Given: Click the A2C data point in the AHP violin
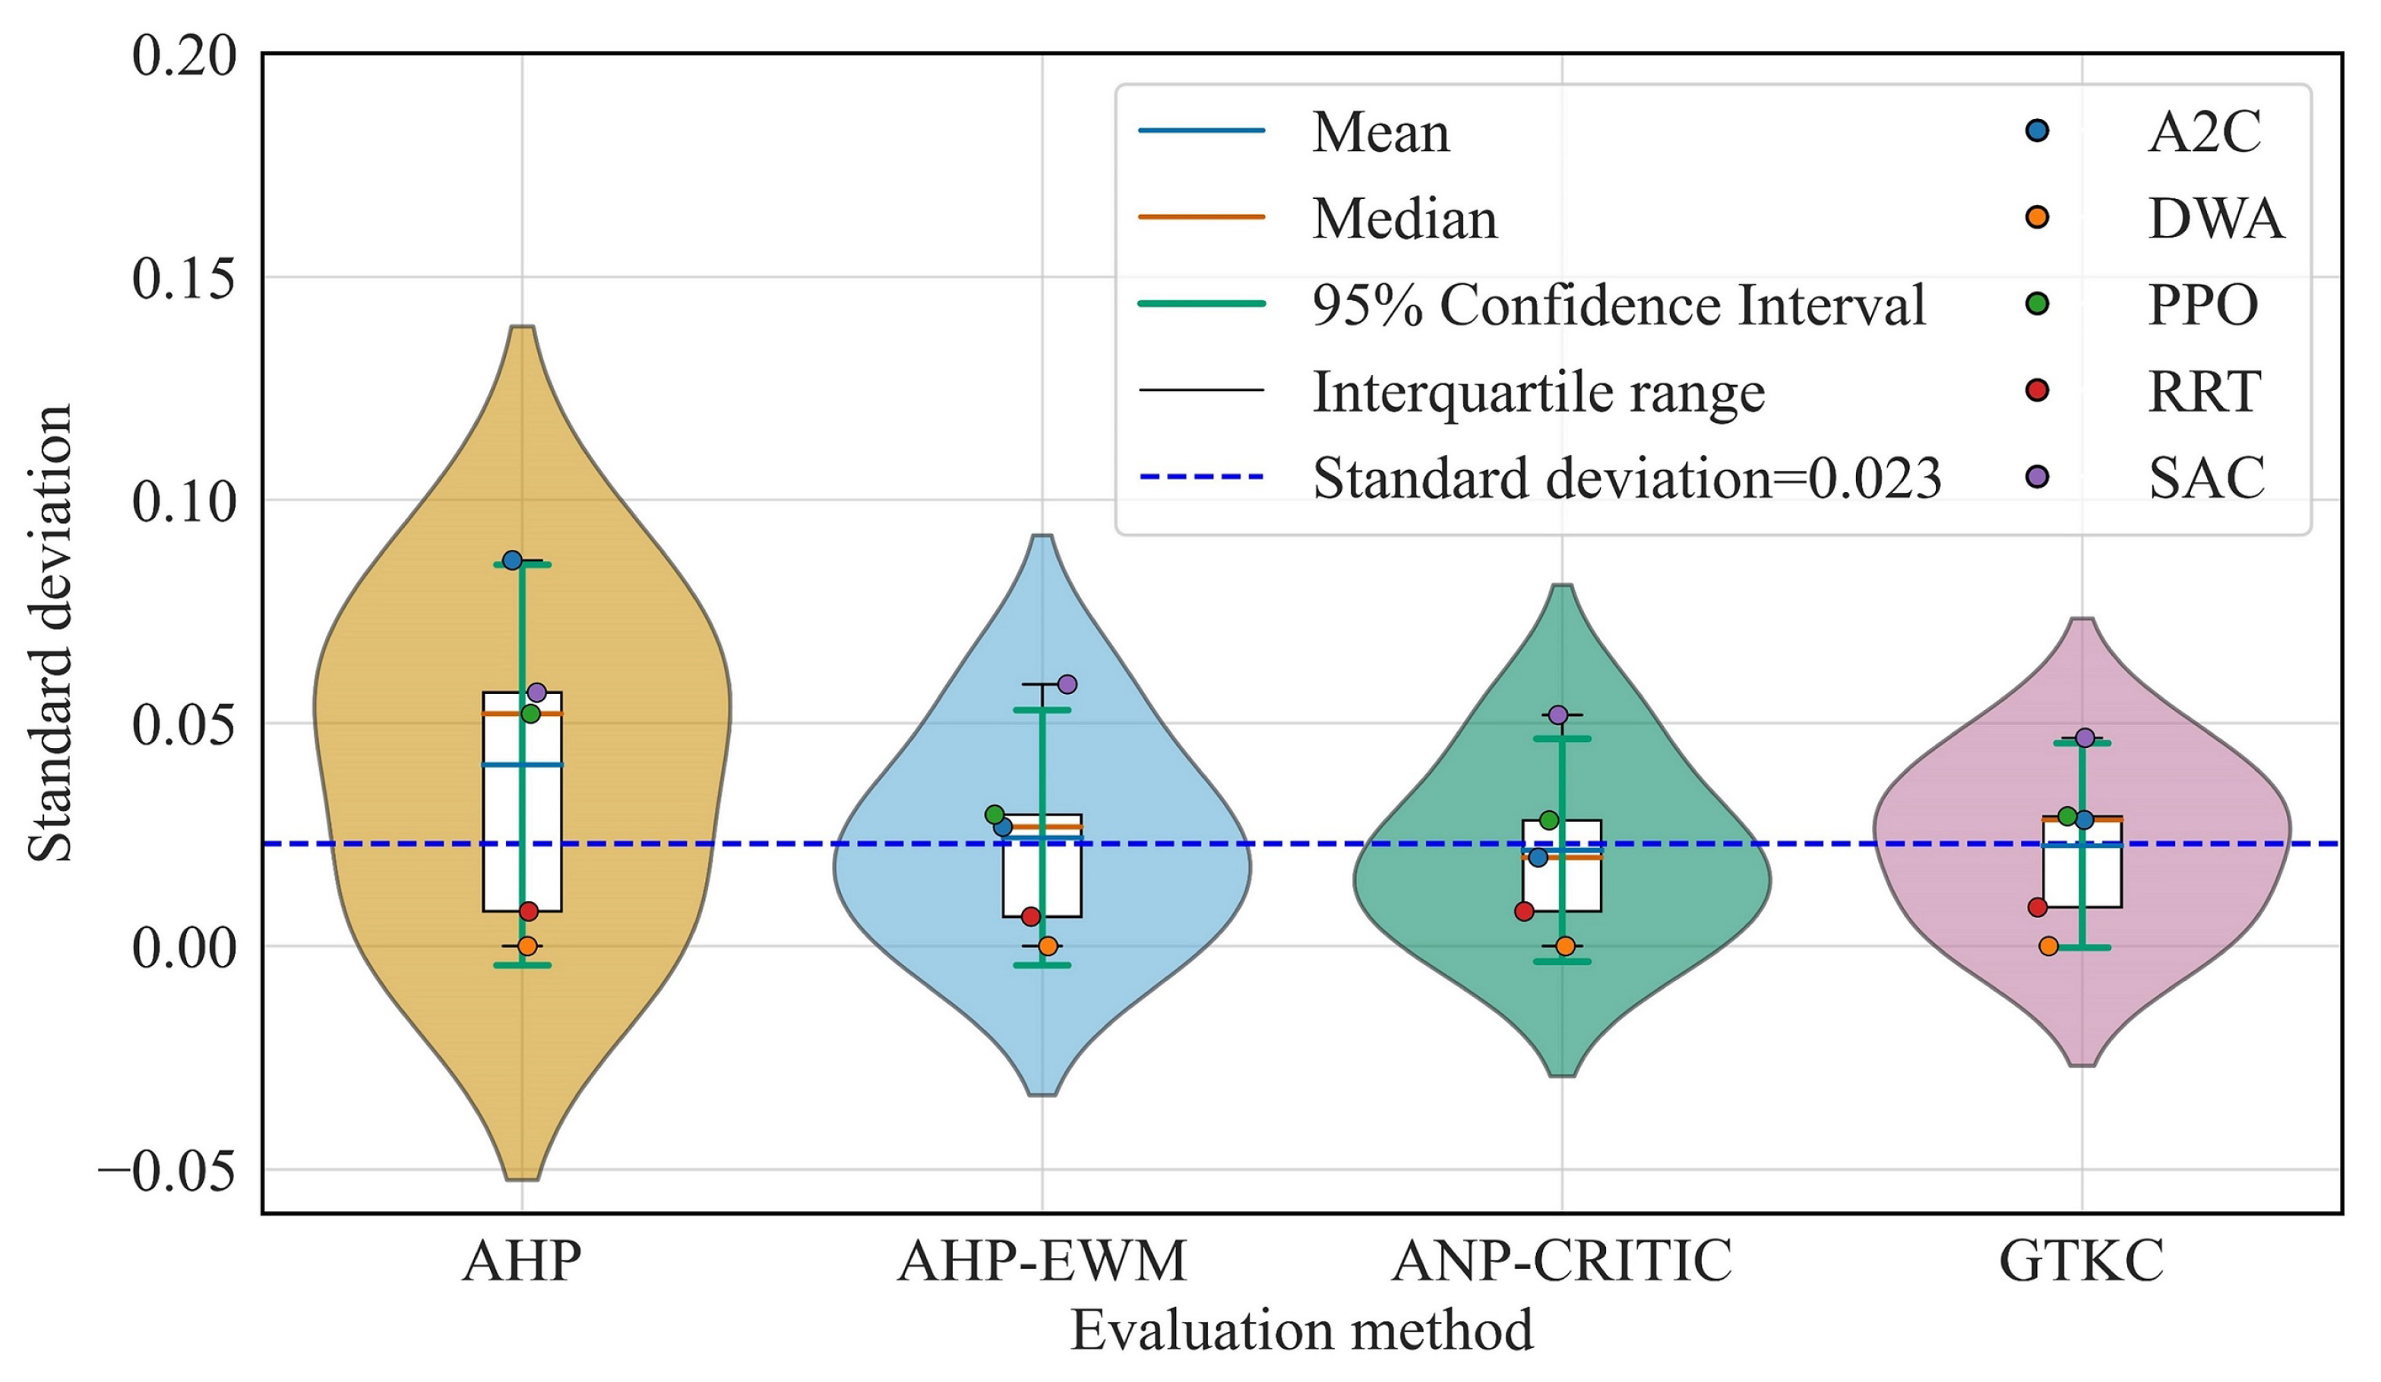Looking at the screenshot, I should (x=512, y=560).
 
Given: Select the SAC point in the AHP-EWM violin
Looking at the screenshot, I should (x=1067, y=684).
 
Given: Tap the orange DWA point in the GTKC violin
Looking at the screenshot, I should (x=2048, y=945).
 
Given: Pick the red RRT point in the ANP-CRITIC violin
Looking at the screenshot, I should (x=1524, y=911).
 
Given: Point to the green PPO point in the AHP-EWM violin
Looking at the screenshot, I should (x=994, y=814).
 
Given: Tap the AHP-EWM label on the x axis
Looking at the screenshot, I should (x=1042, y=1261).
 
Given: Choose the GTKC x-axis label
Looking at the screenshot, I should (x=2081, y=1261).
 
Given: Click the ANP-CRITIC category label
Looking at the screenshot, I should (x=1561, y=1261).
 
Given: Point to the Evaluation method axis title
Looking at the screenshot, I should (x=1301, y=1331).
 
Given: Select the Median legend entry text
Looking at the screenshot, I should (x=1404, y=219).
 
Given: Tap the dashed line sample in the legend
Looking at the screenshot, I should (x=1201, y=477).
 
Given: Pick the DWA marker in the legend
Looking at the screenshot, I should (x=2038, y=218).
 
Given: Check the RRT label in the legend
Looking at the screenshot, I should (x=2203, y=391).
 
